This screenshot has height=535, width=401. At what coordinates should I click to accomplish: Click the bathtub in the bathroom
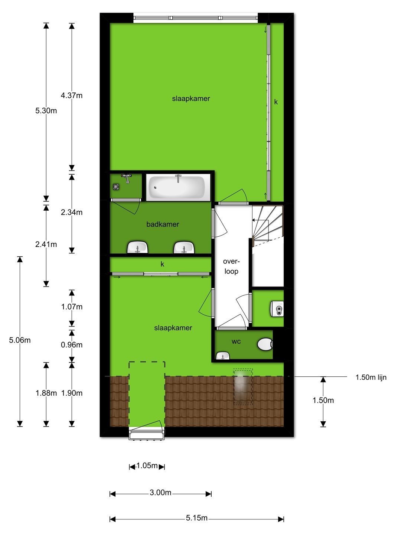(177, 187)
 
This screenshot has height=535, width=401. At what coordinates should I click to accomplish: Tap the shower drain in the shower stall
(116, 187)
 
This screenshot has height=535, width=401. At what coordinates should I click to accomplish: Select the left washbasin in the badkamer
(137, 247)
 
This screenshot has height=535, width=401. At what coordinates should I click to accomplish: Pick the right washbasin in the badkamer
(184, 247)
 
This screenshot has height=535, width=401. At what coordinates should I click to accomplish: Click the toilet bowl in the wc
(265, 344)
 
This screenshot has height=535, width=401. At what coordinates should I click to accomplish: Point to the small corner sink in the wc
(222, 356)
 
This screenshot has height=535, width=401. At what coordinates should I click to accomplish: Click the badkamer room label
(163, 224)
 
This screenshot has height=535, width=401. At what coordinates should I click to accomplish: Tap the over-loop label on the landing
(231, 266)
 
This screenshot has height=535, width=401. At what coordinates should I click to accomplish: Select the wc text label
(236, 341)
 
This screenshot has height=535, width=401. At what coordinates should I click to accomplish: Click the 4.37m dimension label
(72, 95)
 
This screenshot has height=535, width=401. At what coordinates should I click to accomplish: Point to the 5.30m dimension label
(46, 111)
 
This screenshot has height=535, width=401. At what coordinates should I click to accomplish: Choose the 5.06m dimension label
(20, 340)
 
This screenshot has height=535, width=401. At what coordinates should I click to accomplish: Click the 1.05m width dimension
(147, 466)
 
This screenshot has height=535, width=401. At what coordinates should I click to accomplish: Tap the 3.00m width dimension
(160, 493)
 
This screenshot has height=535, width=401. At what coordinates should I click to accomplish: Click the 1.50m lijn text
(371, 377)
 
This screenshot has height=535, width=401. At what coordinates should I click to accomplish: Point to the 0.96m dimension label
(72, 345)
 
